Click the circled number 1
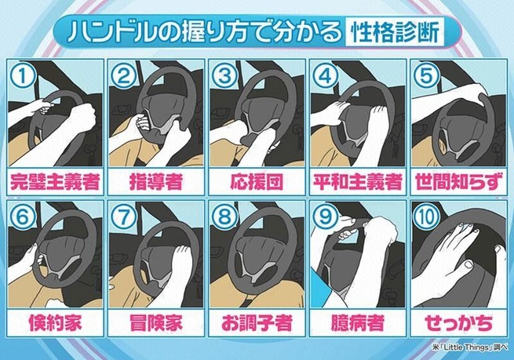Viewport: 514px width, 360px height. point(23,76)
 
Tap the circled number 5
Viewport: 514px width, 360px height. point(427,76)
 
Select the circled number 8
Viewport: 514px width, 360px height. point(225,217)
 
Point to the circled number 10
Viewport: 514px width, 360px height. point(427,217)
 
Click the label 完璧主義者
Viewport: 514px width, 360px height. point(55,182)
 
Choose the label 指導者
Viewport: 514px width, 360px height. point(156,182)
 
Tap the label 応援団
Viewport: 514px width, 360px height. point(257,182)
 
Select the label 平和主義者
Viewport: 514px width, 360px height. point(358,182)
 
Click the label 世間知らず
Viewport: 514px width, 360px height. point(458,182)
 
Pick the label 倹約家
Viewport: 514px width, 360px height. point(55,323)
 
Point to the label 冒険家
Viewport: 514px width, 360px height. point(156,323)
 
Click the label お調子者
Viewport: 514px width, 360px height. point(257,323)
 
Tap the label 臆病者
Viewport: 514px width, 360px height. point(358,323)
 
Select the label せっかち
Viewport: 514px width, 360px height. point(458,323)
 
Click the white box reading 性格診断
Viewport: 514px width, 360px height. point(395,32)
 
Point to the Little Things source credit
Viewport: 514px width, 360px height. point(470,347)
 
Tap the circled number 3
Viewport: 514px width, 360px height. point(225,76)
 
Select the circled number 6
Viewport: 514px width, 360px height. point(23,217)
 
